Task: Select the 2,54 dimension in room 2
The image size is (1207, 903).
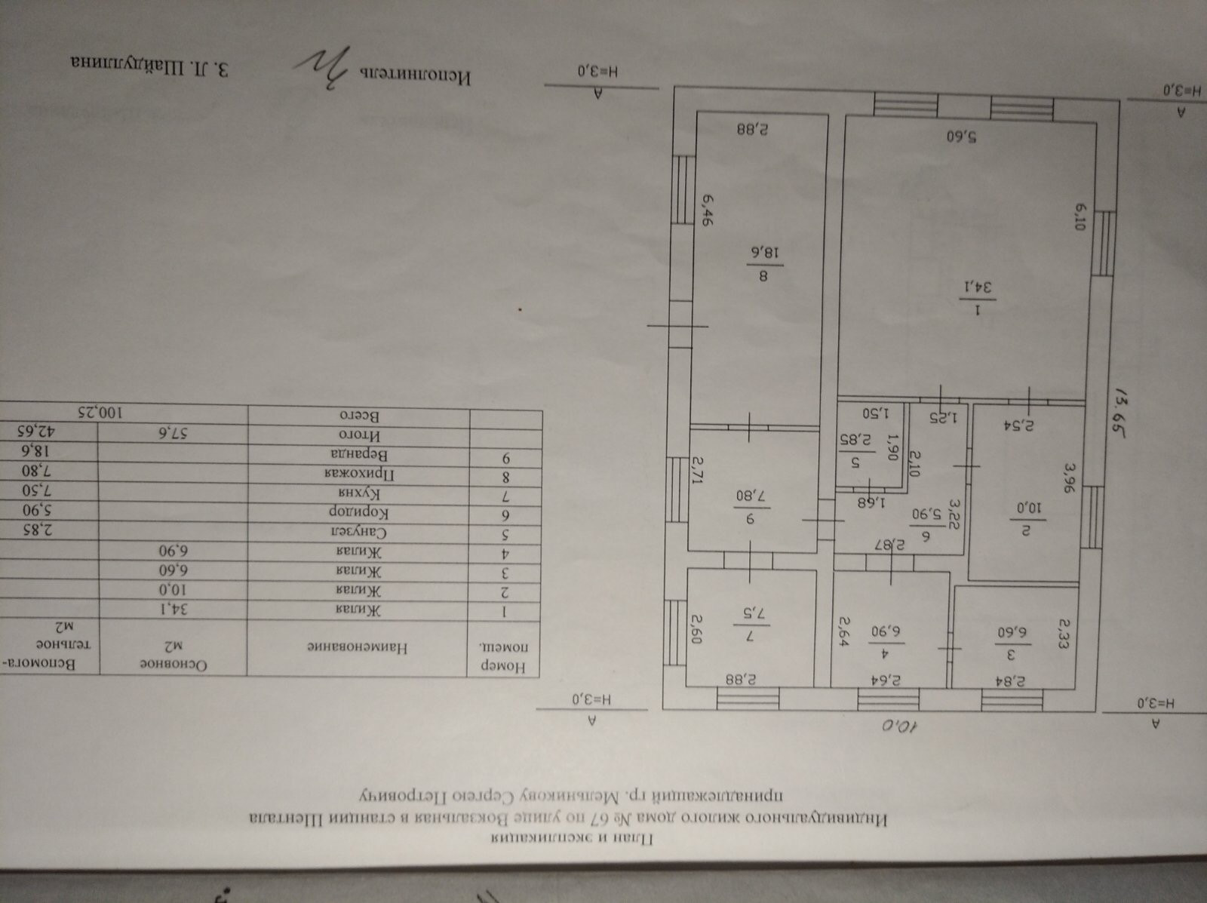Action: tap(1033, 424)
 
